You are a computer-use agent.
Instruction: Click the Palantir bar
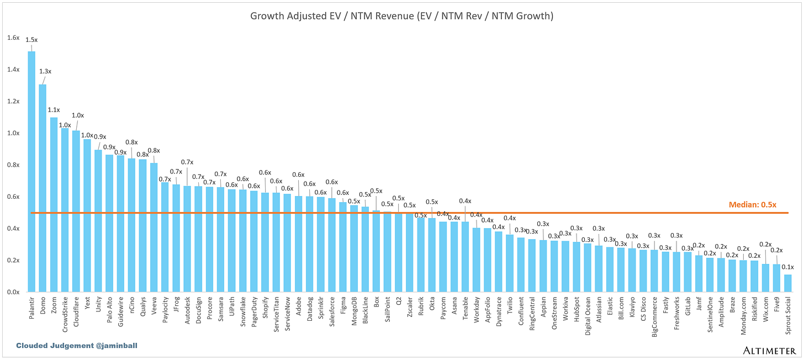click(31, 171)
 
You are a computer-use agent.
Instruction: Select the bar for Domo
click(43, 188)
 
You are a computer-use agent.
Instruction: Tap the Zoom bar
click(54, 204)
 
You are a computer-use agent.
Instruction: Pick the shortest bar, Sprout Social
click(787, 283)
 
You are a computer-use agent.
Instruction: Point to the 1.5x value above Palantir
click(31, 40)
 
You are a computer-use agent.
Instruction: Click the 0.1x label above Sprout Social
click(787, 267)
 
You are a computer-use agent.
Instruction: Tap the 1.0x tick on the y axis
click(13, 133)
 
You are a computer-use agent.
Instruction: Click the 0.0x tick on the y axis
click(13, 292)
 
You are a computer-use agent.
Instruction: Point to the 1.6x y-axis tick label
click(13, 38)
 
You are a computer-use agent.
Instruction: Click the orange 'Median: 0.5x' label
click(752, 204)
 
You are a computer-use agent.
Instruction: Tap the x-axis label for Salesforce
click(332, 312)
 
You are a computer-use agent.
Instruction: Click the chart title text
click(401, 16)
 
